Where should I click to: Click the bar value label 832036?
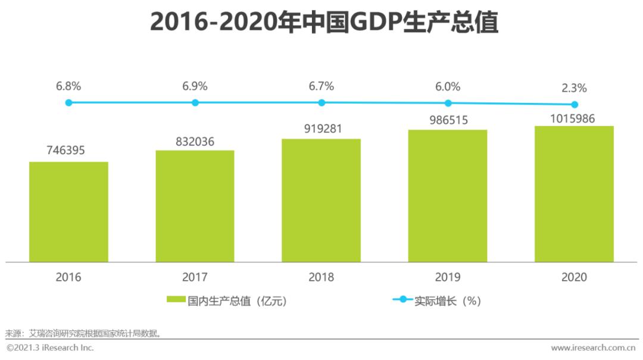pyautogui.click(x=195, y=142)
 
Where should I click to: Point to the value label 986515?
pyautogui.click(x=448, y=121)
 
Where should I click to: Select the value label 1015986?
pyautogui.click(x=573, y=117)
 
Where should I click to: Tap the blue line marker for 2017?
pyautogui.click(x=195, y=102)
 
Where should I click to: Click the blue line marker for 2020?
pyautogui.click(x=574, y=104)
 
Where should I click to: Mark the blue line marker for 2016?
pyautogui.click(x=68, y=102)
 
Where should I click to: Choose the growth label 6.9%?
pyautogui.click(x=195, y=86)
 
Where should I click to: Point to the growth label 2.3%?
pyautogui.click(x=574, y=88)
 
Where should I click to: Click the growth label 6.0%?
pyautogui.click(x=448, y=86)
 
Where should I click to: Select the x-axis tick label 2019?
pyautogui.click(x=448, y=277)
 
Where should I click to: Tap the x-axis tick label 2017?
pyautogui.click(x=195, y=277)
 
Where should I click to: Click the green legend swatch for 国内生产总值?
pyautogui.click(x=176, y=300)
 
